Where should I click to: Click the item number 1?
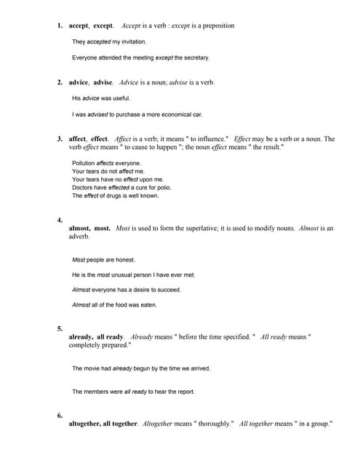point(60,26)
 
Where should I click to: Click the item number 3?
point(60,139)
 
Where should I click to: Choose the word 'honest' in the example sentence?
point(125,260)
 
